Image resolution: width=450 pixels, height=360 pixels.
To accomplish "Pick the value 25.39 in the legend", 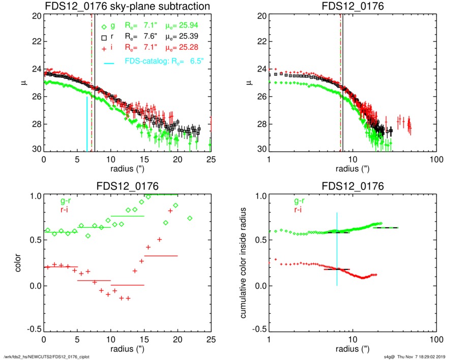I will (186, 37).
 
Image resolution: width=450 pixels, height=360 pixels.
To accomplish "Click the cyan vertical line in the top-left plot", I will (87, 124).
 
